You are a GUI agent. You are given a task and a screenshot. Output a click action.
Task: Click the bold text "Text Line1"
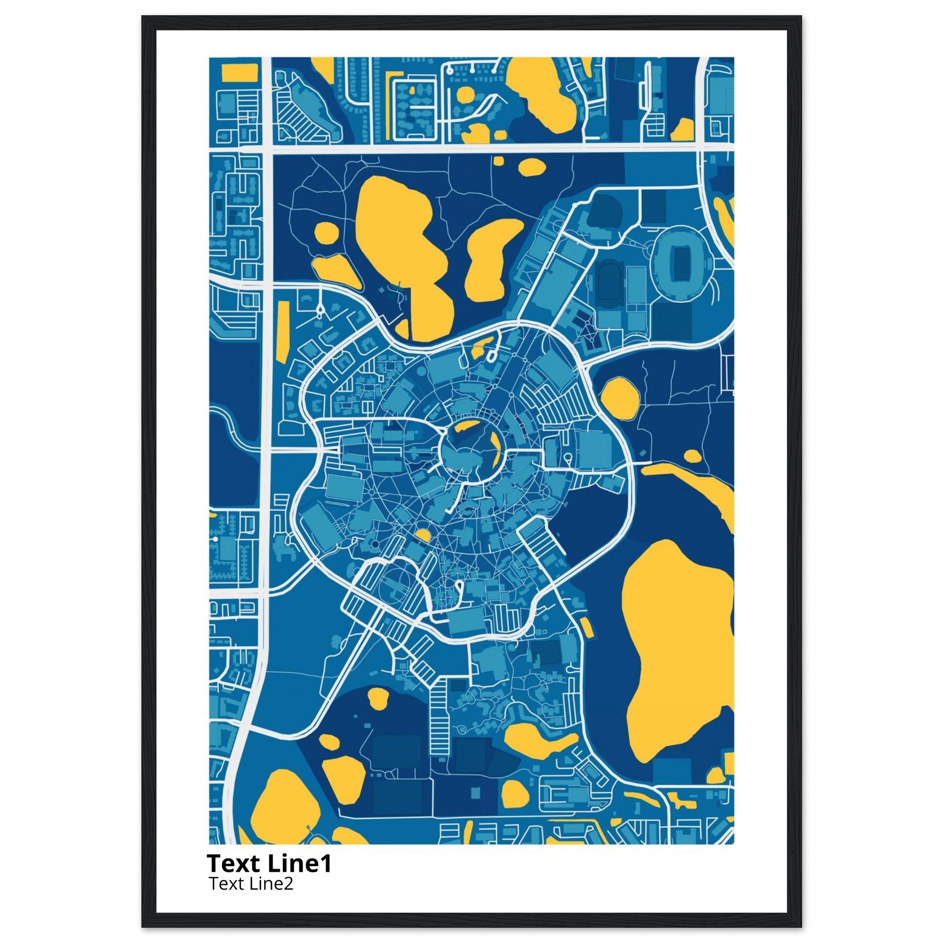click(x=269, y=864)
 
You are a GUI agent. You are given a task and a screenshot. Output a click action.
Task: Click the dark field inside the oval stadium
click(x=679, y=262)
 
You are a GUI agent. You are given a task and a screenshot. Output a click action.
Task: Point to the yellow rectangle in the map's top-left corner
click(x=239, y=73)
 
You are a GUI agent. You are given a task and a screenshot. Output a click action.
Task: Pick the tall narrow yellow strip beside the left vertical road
click(x=282, y=332)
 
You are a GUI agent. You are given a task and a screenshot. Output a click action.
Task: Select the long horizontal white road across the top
click(x=488, y=148)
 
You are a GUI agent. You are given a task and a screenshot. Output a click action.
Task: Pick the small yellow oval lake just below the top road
click(x=531, y=168)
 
